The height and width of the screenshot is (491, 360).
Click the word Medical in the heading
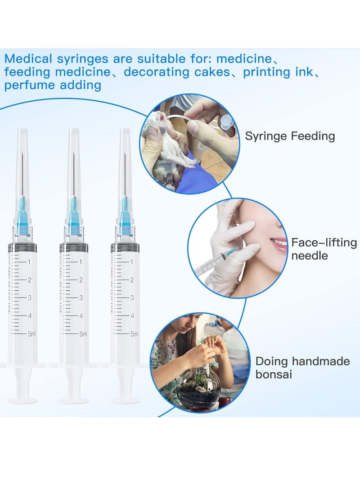27,59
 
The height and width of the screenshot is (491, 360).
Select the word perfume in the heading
30,85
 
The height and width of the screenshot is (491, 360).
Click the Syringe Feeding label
290,136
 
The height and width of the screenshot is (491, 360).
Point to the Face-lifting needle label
324,249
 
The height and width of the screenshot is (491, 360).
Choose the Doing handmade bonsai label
302,367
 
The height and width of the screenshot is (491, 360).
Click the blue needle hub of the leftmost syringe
22,218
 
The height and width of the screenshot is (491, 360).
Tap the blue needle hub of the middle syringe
74,218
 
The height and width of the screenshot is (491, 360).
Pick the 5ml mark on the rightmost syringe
134,334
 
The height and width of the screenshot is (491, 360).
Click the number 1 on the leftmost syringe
29,261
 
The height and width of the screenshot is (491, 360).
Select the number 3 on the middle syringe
81,297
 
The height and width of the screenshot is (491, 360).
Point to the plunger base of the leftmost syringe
22,400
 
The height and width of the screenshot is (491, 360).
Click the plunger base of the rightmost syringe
125,400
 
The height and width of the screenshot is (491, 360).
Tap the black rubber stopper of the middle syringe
74,247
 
